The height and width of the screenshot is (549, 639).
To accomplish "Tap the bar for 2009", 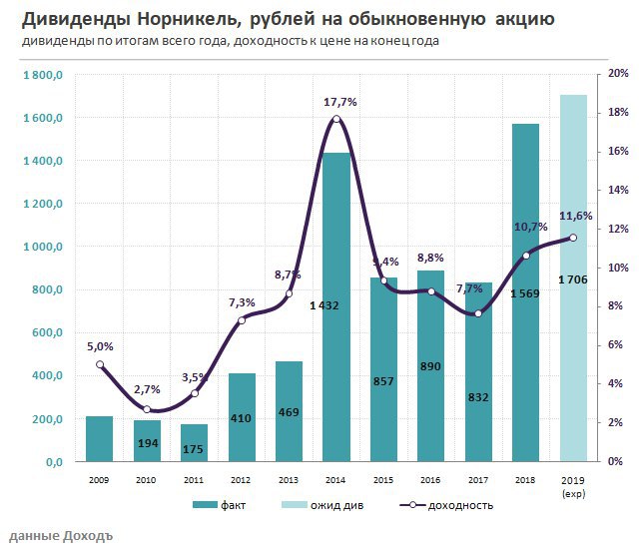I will click(x=99, y=439).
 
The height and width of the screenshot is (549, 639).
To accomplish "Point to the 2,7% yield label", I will click(x=148, y=390).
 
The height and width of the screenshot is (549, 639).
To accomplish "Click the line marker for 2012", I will click(x=242, y=319).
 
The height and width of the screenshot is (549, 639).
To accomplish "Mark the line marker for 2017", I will click(x=479, y=313).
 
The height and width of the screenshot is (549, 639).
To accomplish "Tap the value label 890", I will click(x=432, y=366).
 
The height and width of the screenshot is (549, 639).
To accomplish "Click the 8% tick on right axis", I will click(x=617, y=306).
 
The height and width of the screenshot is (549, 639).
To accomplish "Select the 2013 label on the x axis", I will click(x=290, y=480).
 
